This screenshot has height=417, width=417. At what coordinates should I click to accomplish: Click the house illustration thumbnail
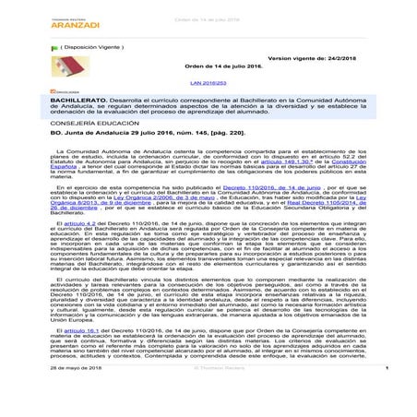pos(27,93)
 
